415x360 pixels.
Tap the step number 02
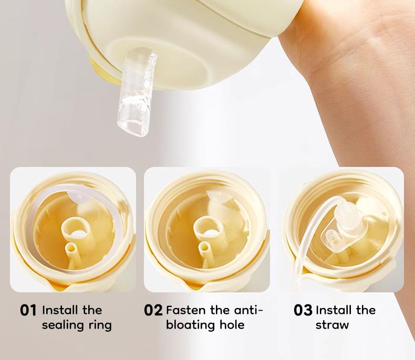point(153,310)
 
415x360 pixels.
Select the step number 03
point(303,310)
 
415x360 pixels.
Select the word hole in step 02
point(232,325)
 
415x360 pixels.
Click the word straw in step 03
point(332,325)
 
